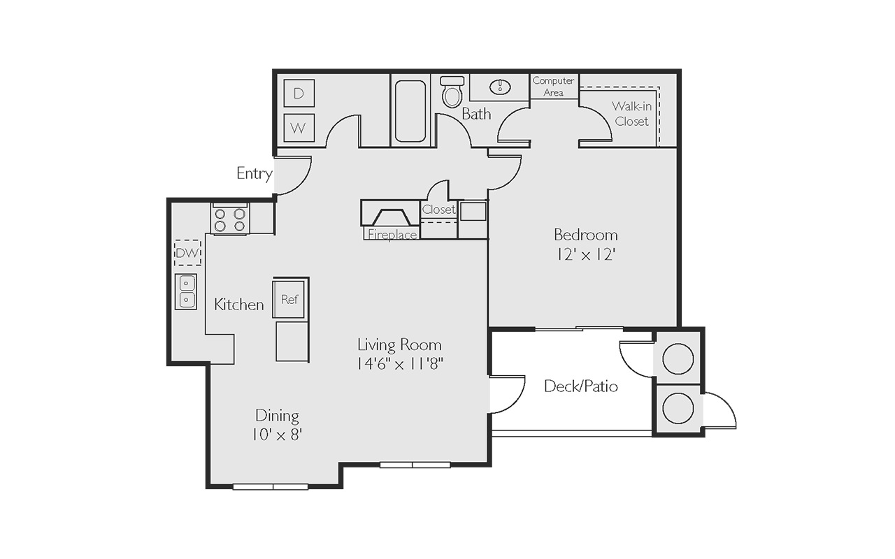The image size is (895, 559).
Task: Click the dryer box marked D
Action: pyautogui.click(x=299, y=93)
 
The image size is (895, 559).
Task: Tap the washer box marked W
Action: pyautogui.click(x=299, y=128)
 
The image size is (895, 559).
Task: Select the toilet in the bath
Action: pyautogui.click(x=452, y=92)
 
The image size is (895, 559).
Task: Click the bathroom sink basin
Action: pyautogui.click(x=500, y=87)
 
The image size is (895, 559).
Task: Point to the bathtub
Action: pyautogui.click(x=410, y=110)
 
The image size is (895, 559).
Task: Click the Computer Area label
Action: pyautogui.click(x=553, y=86)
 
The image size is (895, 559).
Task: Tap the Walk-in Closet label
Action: pyautogui.click(x=631, y=113)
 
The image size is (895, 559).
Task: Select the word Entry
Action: pyautogui.click(x=255, y=174)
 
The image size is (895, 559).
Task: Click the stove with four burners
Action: pyautogui.click(x=230, y=219)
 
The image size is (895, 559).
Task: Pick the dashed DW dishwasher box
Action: pyautogui.click(x=187, y=252)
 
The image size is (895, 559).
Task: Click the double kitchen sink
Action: pyautogui.click(x=186, y=291)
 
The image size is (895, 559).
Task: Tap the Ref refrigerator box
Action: pyautogui.click(x=289, y=299)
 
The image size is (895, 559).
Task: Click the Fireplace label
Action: pyautogui.click(x=392, y=235)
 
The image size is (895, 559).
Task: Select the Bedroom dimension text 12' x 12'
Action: pyautogui.click(x=586, y=254)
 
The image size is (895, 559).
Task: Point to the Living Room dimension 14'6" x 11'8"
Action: pyautogui.click(x=400, y=363)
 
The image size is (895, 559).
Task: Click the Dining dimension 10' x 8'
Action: pyautogui.click(x=276, y=434)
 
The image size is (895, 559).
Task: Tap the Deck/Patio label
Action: pyautogui.click(x=581, y=386)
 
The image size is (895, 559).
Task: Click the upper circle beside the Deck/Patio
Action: pyautogui.click(x=678, y=358)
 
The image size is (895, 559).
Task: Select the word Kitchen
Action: pyautogui.click(x=239, y=305)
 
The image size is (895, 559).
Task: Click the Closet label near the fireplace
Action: pyautogui.click(x=438, y=209)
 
